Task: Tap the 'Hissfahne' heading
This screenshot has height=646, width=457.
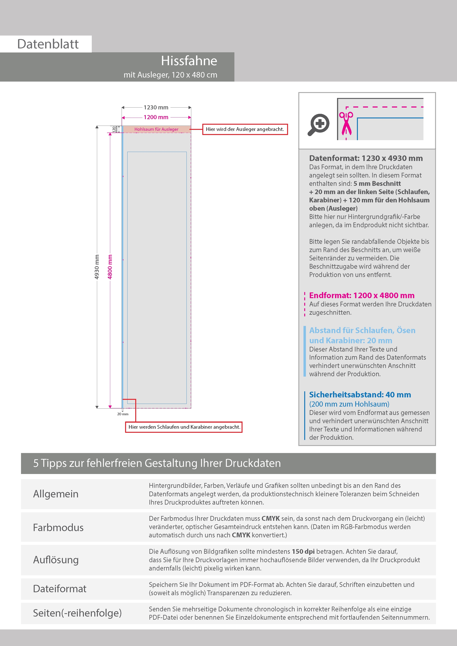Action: tap(189, 61)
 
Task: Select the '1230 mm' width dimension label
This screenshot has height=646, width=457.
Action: tap(156, 108)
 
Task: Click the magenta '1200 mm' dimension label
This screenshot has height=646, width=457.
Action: tap(156, 117)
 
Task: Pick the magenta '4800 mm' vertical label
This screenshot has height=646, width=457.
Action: tap(110, 267)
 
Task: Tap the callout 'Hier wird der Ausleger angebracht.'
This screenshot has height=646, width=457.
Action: tap(245, 129)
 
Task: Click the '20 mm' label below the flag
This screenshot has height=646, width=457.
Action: tap(123, 414)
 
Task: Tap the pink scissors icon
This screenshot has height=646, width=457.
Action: tap(346, 123)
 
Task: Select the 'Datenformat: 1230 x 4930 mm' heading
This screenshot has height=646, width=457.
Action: tap(366, 158)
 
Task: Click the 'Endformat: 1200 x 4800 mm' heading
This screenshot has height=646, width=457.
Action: tap(362, 295)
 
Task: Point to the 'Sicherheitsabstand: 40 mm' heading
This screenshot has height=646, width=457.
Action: tap(360, 395)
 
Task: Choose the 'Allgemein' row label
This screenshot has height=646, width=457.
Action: tap(56, 494)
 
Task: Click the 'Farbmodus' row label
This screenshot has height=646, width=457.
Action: tap(58, 528)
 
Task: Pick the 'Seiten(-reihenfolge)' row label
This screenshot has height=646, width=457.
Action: tap(77, 613)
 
